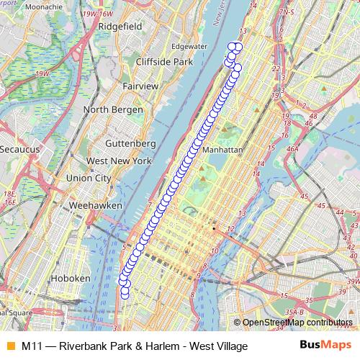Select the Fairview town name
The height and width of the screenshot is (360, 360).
pyautogui.click(x=140, y=86)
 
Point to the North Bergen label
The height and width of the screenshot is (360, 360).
pyautogui.click(x=110, y=109)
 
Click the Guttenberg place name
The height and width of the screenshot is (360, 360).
pyautogui.click(x=130, y=143)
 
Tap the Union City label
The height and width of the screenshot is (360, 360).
pyautogui.click(x=89, y=178)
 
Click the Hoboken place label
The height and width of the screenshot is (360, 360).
pyautogui.click(x=71, y=278)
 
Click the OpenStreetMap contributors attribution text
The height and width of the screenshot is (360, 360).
pyautogui.click(x=297, y=323)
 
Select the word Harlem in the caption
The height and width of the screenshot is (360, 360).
pyautogui.click(x=157, y=346)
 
